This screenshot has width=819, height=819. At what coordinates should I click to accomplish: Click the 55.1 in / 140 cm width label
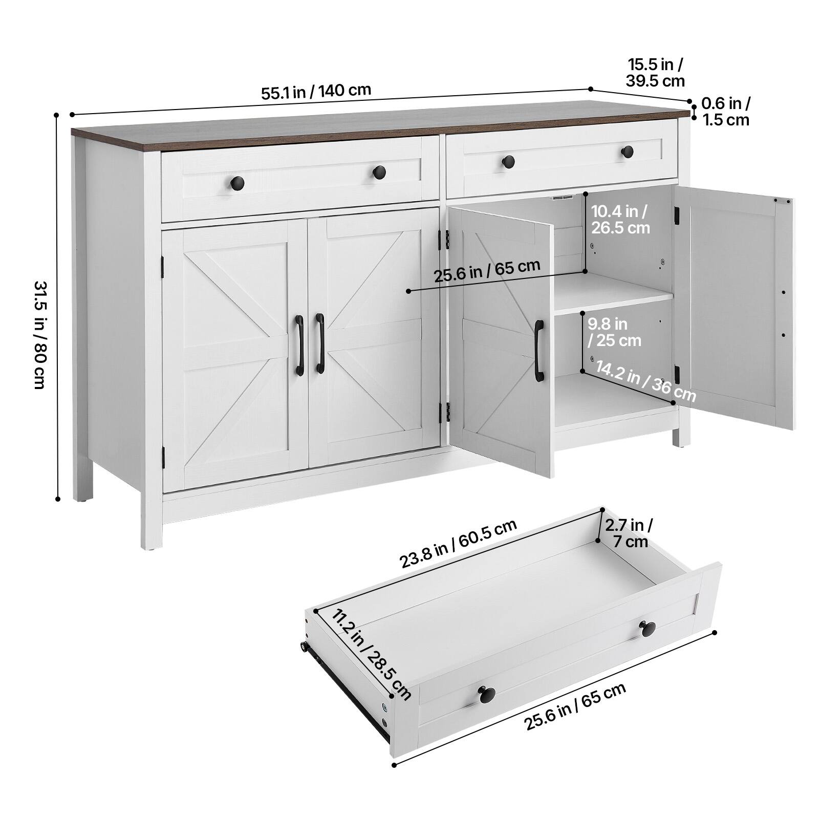click(x=316, y=92)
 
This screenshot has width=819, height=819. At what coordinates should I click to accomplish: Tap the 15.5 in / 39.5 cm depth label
click(x=655, y=73)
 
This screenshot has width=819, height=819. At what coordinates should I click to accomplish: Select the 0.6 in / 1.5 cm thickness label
click(x=725, y=111)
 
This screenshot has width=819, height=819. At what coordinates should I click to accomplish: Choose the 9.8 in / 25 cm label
click(x=614, y=332)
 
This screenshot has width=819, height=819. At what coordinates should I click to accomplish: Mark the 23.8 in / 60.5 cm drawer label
click(x=458, y=544)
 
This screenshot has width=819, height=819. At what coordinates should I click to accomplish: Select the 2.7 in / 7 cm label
click(x=629, y=533)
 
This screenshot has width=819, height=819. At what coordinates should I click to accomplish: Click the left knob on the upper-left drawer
click(x=238, y=182)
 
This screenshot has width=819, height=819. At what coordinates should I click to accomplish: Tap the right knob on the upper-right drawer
click(x=627, y=152)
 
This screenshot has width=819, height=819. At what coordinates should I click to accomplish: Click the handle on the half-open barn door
click(x=539, y=351)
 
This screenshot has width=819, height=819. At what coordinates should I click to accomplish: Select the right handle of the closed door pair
click(x=320, y=343)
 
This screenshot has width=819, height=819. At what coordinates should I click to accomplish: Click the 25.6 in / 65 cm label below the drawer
click(x=575, y=706)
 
